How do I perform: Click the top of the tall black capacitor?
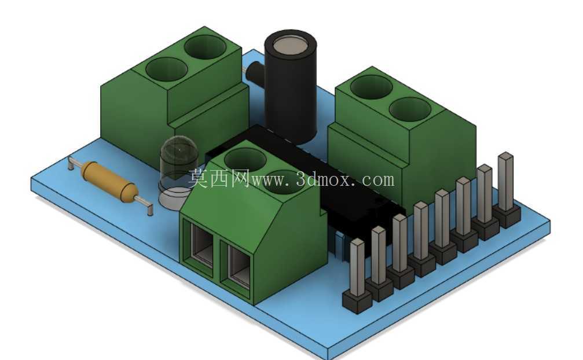(291, 45)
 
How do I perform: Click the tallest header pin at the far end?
(505, 182)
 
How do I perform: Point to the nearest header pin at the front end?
(357, 267)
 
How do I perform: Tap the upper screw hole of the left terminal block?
(206, 47)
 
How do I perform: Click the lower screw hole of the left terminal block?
(166, 69)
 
